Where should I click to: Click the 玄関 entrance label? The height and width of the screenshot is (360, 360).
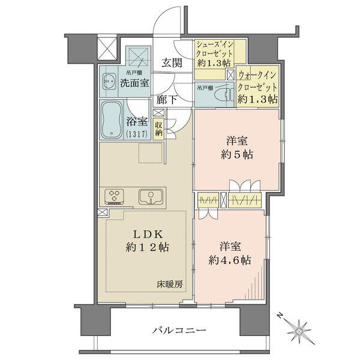pyautogui.click(x=172, y=62)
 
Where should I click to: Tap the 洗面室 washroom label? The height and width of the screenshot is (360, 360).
pyautogui.click(x=135, y=83)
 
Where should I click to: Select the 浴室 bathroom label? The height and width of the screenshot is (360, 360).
pyautogui.click(x=137, y=122)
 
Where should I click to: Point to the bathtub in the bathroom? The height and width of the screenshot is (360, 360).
pyautogui.click(x=112, y=119)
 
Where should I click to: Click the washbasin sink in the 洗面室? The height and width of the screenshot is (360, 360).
pyautogui.click(x=109, y=82)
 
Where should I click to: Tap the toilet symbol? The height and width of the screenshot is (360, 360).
pyautogui.click(x=224, y=95)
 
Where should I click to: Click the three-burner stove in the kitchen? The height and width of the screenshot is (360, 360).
pyautogui.click(x=114, y=197)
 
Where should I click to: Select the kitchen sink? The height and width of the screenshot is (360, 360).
pyautogui.click(x=151, y=197)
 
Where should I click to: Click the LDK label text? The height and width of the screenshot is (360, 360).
pyautogui.click(x=148, y=235)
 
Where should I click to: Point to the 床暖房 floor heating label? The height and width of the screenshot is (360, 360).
pyautogui.click(x=170, y=284)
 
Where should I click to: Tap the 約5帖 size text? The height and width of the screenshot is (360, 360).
pyautogui.click(x=237, y=155)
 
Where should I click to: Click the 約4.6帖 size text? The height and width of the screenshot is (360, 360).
pyautogui.click(x=230, y=260)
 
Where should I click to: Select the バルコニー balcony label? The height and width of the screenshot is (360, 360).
pyautogui.click(x=179, y=331)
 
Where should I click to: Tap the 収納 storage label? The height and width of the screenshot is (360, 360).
pyautogui.click(x=158, y=129)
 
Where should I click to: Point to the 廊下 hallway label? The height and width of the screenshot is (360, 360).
pyautogui.click(x=167, y=100)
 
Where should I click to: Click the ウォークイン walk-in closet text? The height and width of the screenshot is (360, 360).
pyautogui.click(x=257, y=75)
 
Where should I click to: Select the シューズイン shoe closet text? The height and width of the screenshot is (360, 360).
pyautogui.click(x=215, y=44)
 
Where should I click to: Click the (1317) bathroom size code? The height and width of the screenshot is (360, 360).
pyautogui.click(x=136, y=134)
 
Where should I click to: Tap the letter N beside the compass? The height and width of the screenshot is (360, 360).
pyautogui.click(x=280, y=315)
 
